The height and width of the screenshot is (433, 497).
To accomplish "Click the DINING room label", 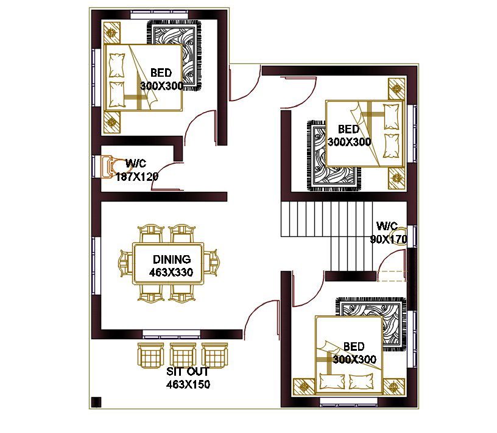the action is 172,259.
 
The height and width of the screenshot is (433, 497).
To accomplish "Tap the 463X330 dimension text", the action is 171,272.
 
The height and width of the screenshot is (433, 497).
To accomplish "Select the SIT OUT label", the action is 188,371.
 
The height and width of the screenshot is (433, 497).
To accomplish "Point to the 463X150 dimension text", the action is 188,384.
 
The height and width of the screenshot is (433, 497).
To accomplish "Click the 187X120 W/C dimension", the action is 137,177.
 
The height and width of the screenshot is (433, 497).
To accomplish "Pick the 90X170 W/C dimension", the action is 389,239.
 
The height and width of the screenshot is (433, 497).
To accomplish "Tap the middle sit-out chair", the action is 183,356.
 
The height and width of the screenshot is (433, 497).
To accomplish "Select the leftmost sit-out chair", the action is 150,356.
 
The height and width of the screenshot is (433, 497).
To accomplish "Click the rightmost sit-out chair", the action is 215,356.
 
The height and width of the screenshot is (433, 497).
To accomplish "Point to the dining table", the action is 168,263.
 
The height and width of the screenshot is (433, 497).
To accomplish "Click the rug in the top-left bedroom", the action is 174,55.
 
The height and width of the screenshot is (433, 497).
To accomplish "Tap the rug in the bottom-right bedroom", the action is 371,324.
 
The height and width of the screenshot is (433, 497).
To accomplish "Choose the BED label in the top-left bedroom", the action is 161,73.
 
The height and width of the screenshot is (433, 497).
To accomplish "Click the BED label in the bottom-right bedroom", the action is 354,347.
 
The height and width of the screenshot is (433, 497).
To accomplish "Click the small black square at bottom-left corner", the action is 96,402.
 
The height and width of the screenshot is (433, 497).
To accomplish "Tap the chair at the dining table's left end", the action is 126,263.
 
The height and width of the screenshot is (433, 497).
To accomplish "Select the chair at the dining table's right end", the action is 211,263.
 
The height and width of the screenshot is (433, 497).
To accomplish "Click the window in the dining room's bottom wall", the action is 172,333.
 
